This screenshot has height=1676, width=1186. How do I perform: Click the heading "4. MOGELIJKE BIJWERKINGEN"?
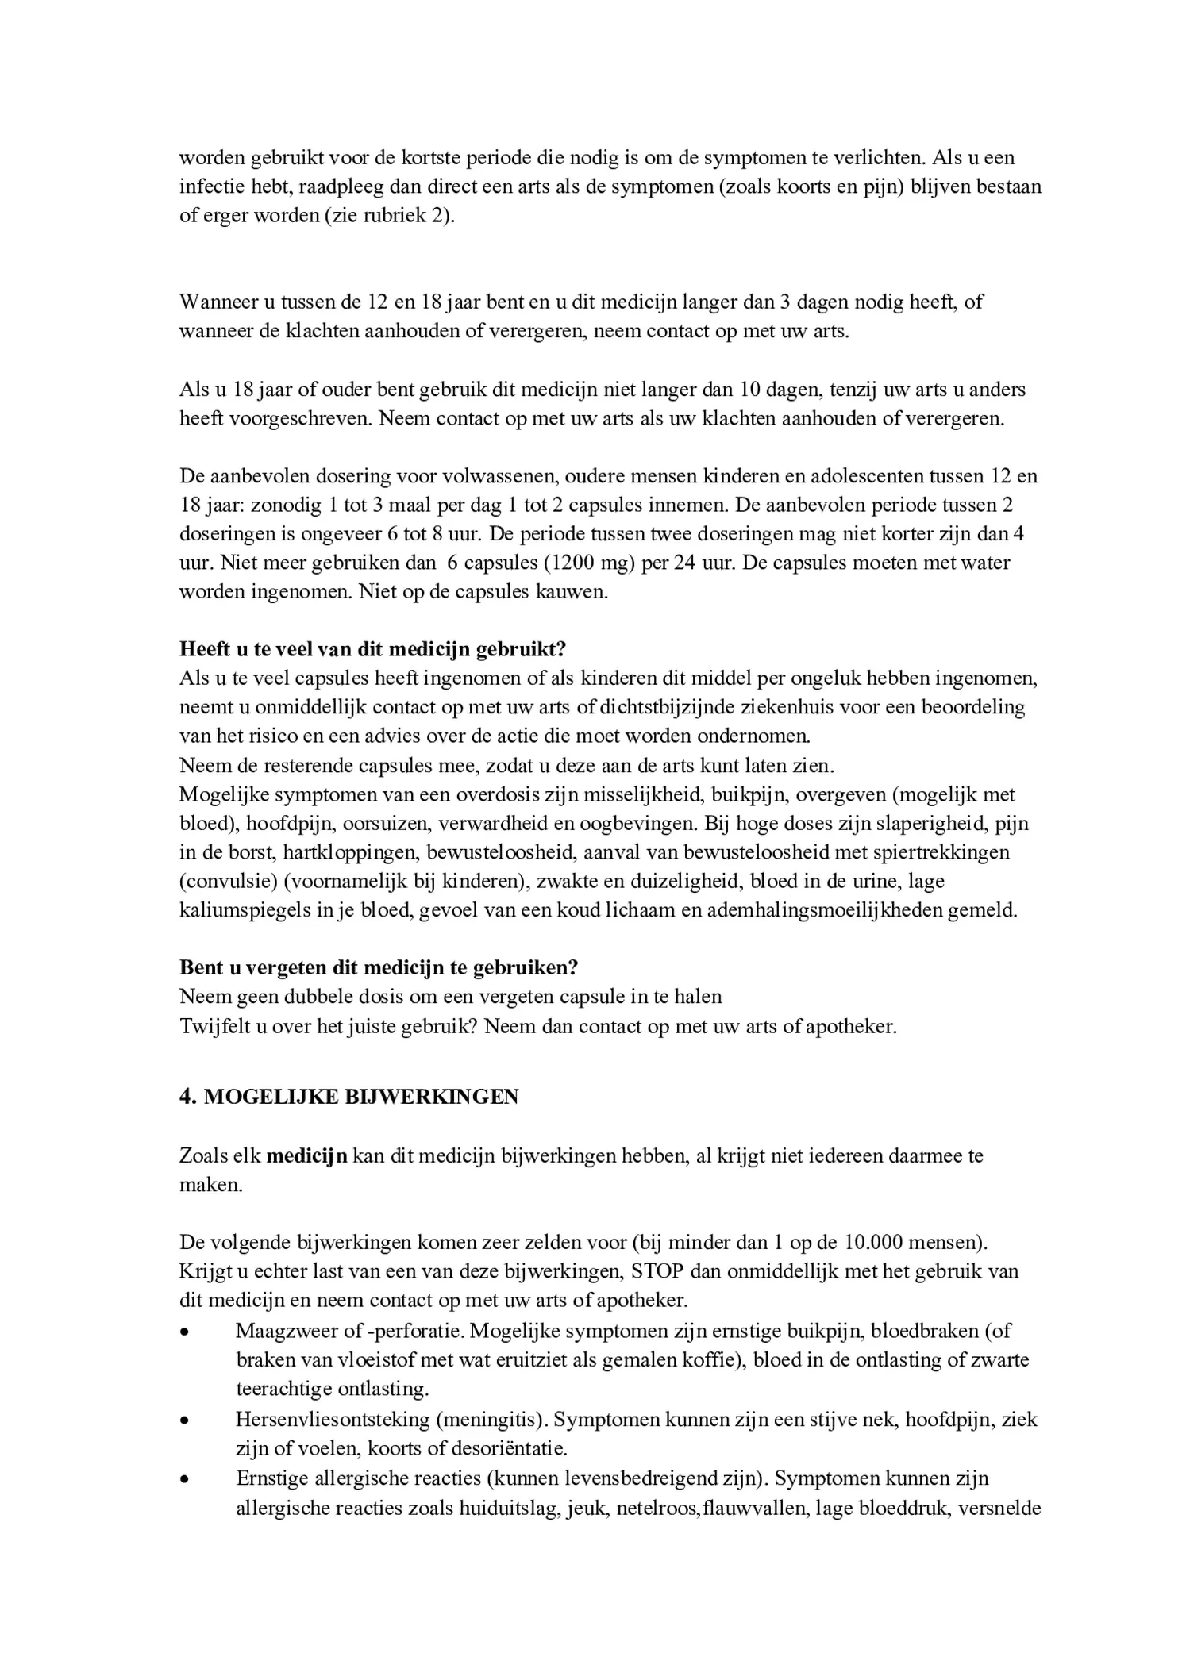coord(348,1097)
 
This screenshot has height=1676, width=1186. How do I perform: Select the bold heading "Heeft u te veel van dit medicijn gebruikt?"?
coord(372,649)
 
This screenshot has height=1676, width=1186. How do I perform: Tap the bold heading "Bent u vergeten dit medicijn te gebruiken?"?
coord(379,967)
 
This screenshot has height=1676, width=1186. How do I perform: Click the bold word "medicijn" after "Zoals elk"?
coord(306,1155)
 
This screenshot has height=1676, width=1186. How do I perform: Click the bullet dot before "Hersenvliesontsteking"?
coord(185,1419)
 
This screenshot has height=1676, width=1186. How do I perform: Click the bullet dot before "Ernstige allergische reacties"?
coord(185,1478)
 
